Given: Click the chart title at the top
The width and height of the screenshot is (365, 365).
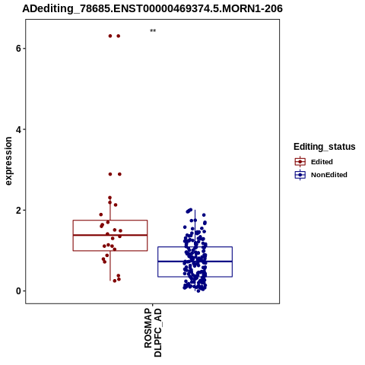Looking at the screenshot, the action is pos(152,8).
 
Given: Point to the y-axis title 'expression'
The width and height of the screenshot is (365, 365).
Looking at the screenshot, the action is pos(8,161).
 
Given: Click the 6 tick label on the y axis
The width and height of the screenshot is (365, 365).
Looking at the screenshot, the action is pos(18,48).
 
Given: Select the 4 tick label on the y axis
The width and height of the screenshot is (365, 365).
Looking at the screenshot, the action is pos(18,129).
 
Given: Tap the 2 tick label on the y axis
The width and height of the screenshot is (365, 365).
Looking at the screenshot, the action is pos(18,210).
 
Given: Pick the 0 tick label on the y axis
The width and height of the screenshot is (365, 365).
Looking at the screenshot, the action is pos(18,291).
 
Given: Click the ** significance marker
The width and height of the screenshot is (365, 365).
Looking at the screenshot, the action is pos(153,30).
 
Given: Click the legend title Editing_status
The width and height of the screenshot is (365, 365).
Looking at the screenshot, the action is pos(325,147).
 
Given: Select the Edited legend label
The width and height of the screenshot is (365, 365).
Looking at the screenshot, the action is pos(322,162).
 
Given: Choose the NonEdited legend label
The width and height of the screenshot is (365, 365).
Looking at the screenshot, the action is pos(329,175).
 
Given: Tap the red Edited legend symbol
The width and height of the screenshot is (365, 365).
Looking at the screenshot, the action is pos(300,162).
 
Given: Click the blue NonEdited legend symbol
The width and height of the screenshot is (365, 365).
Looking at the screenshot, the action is pos(300,175).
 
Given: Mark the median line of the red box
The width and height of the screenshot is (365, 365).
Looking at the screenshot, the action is pos(110,235).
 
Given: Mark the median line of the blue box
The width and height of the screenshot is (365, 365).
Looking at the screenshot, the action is pos(195,262).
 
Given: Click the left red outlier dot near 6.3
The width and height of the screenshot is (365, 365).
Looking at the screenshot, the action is pos(110,36).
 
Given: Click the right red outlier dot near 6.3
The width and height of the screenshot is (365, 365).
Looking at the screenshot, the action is pos(119,36).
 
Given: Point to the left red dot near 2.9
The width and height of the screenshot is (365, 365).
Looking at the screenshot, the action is pos(110,174).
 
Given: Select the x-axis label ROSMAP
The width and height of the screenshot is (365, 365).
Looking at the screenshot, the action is pos(148,328).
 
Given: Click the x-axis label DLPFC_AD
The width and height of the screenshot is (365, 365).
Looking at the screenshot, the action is pos(157,332).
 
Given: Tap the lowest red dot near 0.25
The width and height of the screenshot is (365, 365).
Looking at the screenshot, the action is pos(115,281).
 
